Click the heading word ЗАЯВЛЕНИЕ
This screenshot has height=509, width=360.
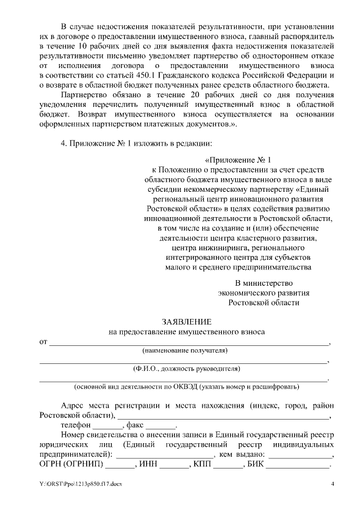click(x=186, y=322)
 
